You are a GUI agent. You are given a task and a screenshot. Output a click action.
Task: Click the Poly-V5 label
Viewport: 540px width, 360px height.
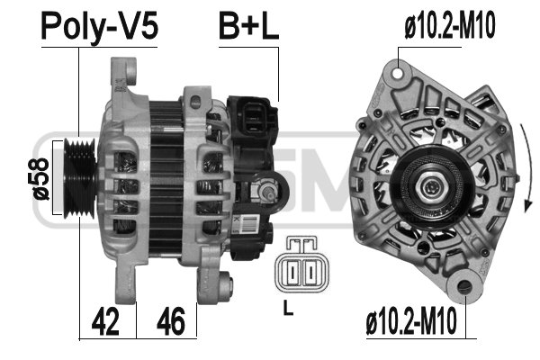(100, 27)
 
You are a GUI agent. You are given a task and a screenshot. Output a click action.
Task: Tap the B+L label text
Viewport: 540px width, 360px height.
(248, 26)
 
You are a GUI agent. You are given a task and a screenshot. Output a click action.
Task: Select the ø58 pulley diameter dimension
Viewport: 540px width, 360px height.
(41, 179)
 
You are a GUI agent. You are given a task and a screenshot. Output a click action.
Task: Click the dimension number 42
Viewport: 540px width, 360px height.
(105, 322)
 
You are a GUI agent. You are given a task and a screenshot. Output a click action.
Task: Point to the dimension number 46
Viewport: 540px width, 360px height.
(171, 322)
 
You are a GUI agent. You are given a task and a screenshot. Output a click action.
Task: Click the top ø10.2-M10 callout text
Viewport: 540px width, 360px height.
(450, 25)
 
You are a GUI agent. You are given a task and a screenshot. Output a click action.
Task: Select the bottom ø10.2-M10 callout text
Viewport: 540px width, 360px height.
(411, 321)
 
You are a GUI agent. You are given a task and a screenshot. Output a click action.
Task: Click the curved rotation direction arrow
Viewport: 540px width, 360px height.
(527, 167)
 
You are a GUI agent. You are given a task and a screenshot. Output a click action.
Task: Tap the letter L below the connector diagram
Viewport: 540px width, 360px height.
(288, 308)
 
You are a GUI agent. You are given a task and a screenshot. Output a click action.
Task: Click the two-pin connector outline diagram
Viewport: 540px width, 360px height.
(301, 265)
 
